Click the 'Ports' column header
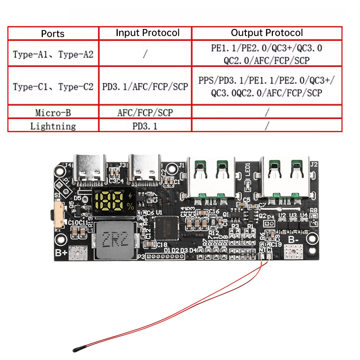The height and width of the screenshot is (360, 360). [53, 33]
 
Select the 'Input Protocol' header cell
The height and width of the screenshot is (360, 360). [148, 33]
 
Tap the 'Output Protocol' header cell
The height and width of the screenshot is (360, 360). [267, 33]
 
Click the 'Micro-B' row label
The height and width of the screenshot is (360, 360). [53, 113]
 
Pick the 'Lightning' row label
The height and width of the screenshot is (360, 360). [53, 126]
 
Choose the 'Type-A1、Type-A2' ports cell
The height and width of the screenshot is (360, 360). [53, 54]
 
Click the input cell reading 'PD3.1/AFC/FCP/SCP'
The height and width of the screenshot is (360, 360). [145, 87]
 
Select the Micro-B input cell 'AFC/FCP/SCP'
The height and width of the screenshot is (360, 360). [145, 113]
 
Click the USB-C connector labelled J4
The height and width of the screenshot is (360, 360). [90, 167]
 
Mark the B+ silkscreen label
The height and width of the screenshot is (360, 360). [61, 253]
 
